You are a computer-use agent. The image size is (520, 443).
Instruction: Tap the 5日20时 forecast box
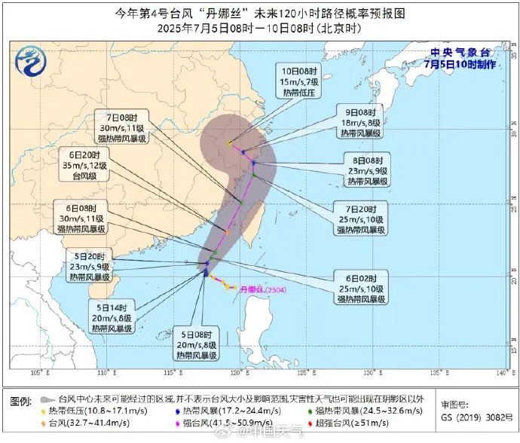(x=92, y=266)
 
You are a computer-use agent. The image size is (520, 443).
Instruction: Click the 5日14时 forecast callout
(x=112, y=316)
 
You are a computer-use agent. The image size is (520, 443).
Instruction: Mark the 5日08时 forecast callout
(x=197, y=344)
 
